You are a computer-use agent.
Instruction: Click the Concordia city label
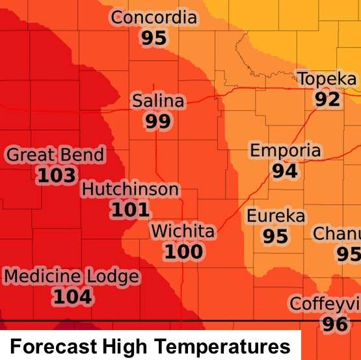(154, 18)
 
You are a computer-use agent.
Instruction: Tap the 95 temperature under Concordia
(154, 38)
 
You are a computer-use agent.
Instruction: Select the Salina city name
(158, 101)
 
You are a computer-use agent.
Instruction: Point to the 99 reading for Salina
(158, 122)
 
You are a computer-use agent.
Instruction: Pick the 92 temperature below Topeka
(327, 99)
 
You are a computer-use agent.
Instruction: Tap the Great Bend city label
(55, 155)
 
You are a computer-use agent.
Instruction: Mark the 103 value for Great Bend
(56, 175)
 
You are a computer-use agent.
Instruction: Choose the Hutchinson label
(130, 189)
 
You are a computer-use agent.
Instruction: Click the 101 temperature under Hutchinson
(130, 210)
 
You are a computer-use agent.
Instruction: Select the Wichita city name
(182, 231)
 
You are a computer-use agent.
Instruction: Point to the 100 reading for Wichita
(183, 251)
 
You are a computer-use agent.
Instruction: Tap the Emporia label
(286, 151)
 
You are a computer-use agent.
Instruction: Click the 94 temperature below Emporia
(285, 171)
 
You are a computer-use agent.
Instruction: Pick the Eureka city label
(276, 215)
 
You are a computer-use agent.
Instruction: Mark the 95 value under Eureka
(275, 236)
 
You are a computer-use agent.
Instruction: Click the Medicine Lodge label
(72, 276)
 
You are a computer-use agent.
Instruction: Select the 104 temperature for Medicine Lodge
(72, 297)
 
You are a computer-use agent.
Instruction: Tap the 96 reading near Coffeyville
(335, 323)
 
